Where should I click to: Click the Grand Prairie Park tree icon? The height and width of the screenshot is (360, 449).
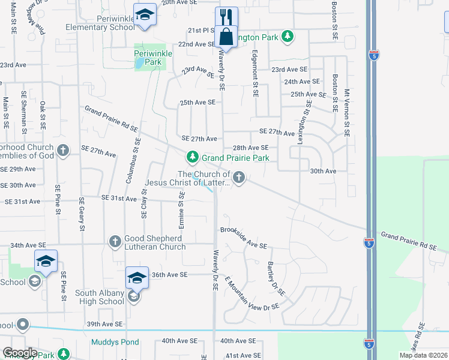192,157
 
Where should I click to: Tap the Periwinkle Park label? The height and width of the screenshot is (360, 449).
153,58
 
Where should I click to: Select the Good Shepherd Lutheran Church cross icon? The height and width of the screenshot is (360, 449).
115,242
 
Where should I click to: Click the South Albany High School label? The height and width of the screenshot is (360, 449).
100,297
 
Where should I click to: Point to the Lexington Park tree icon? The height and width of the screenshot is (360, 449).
288,37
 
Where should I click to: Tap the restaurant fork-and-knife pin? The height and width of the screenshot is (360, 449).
226,16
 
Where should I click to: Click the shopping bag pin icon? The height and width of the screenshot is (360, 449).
226,36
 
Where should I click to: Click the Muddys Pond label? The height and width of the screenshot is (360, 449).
115,343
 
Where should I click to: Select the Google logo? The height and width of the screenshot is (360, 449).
20,353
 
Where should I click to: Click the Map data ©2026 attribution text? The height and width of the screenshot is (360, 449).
423,355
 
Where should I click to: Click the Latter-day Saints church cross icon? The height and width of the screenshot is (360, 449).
239,177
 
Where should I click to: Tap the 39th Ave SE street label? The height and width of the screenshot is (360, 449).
106,323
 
